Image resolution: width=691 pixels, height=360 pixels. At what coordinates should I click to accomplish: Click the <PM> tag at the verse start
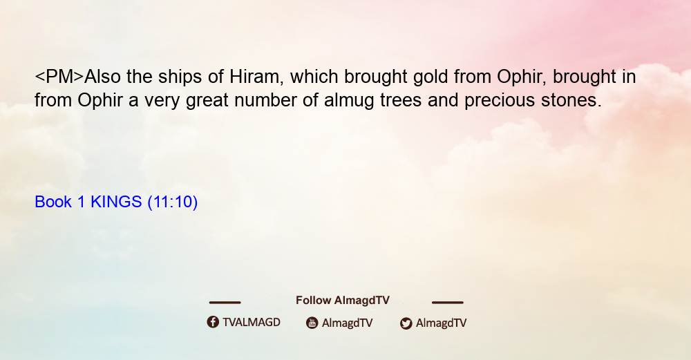pyautogui.click(x=59, y=77)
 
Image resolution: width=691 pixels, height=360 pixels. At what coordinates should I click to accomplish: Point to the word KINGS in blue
pyautogui.click(x=116, y=202)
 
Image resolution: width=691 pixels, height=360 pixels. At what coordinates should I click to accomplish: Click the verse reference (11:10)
pyautogui.click(x=172, y=202)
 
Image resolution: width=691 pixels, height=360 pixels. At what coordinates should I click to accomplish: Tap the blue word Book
pyautogui.click(x=53, y=202)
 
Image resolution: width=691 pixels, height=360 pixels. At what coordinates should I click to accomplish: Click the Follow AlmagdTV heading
pyautogui.click(x=343, y=301)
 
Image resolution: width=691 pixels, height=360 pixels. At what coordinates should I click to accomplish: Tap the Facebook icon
pyautogui.click(x=213, y=322)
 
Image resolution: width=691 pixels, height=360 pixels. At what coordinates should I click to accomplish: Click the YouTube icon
pyautogui.click(x=312, y=323)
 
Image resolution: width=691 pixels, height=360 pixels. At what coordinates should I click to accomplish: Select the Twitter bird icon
pyautogui.click(x=406, y=323)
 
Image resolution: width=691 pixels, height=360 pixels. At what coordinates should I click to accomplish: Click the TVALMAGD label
pyautogui.click(x=252, y=323)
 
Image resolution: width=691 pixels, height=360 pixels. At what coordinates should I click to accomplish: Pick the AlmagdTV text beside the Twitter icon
pyautogui.click(x=441, y=323)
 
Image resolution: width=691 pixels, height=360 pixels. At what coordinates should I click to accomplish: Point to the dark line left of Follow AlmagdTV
pyautogui.click(x=225, y=302)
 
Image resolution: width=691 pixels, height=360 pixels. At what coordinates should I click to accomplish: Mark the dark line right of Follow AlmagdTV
pyautogui.click(x=448, y=302)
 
